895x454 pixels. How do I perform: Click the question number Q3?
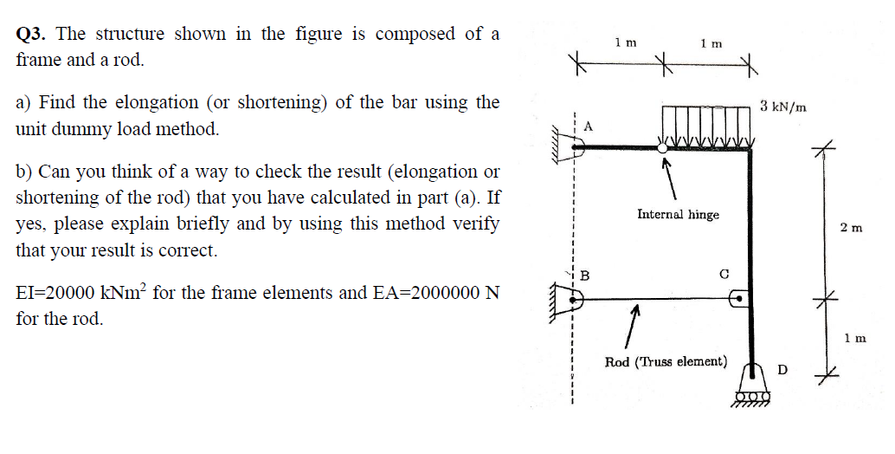[33, 35]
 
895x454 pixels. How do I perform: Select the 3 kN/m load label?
[783, 107]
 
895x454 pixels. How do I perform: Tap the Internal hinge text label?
[678, 214]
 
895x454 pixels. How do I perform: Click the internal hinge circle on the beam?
[663, 148]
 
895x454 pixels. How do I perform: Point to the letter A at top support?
[589, 126]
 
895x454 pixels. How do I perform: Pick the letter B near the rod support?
[584, 276]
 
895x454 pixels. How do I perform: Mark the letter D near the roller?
[782, 370]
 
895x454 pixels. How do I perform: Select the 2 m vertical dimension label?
[851, 228]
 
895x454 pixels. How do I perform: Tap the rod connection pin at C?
[738, 300]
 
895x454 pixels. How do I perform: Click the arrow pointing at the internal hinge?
[668, 178]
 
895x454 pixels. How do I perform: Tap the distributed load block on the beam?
[706, 125]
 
